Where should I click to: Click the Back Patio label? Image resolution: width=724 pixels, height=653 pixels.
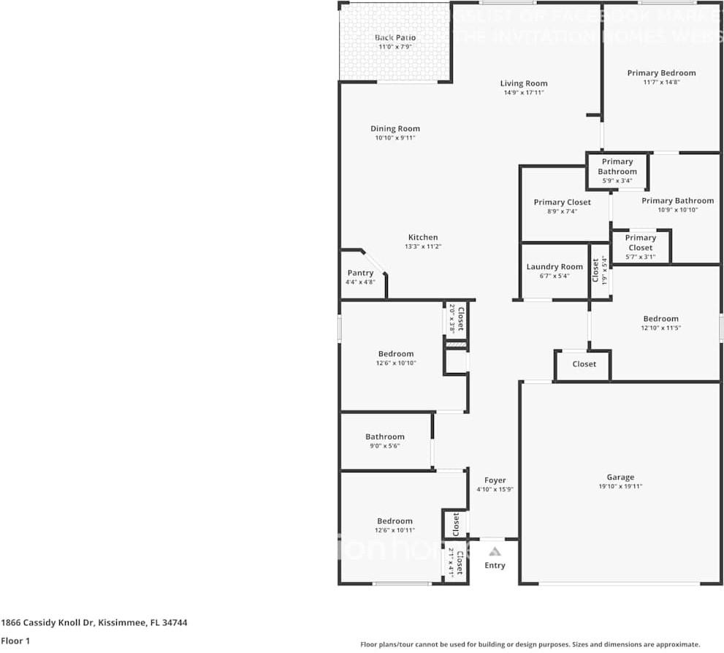tap(395, 37)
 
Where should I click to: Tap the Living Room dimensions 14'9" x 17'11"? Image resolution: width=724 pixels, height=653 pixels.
tap(524, 93)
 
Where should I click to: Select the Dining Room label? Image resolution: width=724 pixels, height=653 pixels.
tap(395, 129)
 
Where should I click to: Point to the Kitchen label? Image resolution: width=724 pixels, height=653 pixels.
tap(423, 237)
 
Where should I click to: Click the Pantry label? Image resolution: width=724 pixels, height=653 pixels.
tap(360, 273)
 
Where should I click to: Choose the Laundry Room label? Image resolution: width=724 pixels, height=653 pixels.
tap(555, 267)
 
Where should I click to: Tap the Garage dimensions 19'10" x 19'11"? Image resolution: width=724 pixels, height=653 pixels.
tap(620, 486)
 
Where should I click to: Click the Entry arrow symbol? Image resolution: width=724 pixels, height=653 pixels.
tap(495, 552)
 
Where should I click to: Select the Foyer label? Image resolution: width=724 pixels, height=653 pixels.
tap(495, 480)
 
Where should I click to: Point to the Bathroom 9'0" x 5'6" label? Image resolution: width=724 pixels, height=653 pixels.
tap(385, 437)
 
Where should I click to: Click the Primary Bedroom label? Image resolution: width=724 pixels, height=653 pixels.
tap(661, 73)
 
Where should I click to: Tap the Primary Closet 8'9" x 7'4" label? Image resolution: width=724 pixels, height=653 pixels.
tap(562, 202)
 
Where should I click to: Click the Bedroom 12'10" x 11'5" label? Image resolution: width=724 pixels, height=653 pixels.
tap(660, 319)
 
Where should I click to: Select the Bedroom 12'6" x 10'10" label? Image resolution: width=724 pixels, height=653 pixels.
tap(396, 354)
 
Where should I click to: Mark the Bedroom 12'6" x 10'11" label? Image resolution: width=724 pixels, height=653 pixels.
tap(395, 521)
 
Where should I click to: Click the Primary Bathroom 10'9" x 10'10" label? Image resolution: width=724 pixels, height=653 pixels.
tap(677, 200)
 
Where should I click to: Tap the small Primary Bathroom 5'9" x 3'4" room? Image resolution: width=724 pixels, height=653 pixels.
tap(617, 167)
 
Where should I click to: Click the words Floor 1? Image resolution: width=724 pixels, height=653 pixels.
tap(15, 641)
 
